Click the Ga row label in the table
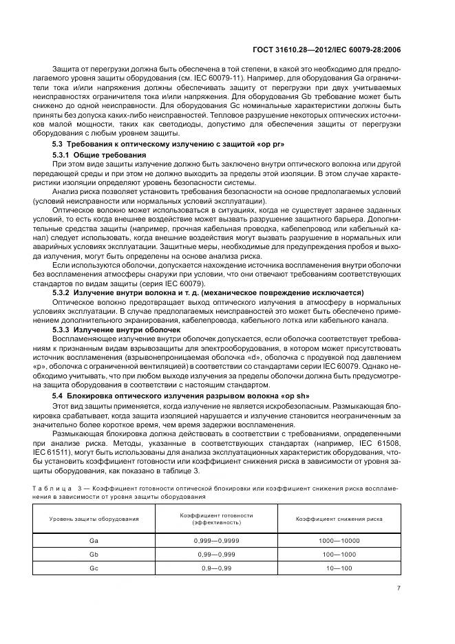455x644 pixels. (x=94, y=541)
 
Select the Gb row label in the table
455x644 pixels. (x=94, y=554)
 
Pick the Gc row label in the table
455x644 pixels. (x=94, y=568)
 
